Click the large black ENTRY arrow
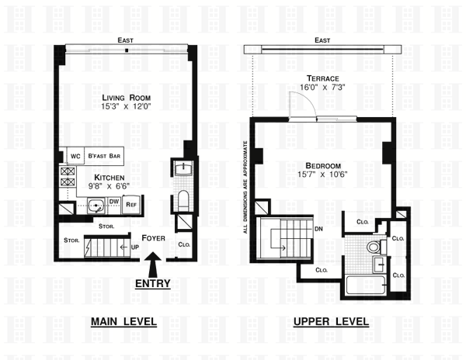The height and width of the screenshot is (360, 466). pos(153,265)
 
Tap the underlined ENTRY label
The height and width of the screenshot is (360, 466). pos(153,284)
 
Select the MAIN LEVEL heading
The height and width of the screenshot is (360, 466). pos(123,322)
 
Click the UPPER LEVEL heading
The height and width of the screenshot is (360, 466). pos(331,322)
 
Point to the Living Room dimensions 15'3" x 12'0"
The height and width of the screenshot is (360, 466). pos(127,106)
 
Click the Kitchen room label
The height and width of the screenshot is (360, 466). pos(109,178)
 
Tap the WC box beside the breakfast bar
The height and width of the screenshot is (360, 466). pos(75,156)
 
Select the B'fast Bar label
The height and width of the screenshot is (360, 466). pos(104,156)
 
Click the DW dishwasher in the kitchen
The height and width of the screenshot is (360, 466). pos(114,202)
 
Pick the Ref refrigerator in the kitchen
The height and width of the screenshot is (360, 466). pos(131,204)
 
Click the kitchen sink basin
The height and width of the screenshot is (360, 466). pos(96,206)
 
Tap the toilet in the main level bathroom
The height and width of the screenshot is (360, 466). pos(183,200)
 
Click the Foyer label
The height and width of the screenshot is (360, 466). pos(153,238)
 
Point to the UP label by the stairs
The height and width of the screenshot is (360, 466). pos(135,247)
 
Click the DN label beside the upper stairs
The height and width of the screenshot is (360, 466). pos(318,229)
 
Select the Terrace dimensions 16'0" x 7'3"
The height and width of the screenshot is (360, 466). pos(322,87)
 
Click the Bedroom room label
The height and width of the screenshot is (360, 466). pos(323,165)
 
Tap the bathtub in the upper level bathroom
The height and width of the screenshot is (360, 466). pos(366,286)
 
